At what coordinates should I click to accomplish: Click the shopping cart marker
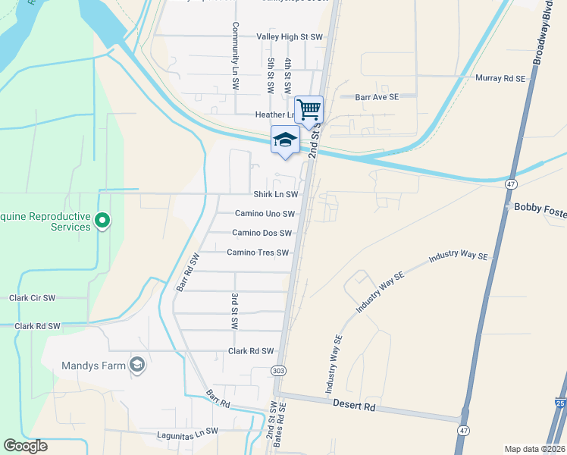point(309,110)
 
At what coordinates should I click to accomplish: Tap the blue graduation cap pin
point(285,140)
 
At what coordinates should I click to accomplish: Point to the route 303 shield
point(278,371)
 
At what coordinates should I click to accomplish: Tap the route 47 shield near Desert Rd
point(463,430)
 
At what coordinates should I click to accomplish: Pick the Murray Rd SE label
point(500,77)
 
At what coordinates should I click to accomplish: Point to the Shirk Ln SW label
point(275,194)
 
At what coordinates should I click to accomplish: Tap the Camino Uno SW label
point(265,214)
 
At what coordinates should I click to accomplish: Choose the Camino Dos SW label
point(262,233)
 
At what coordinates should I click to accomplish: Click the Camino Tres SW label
point(258,253)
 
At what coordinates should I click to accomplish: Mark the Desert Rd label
point(355,406)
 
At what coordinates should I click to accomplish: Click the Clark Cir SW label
point(33,298)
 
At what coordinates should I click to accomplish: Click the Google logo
point(25,446)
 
